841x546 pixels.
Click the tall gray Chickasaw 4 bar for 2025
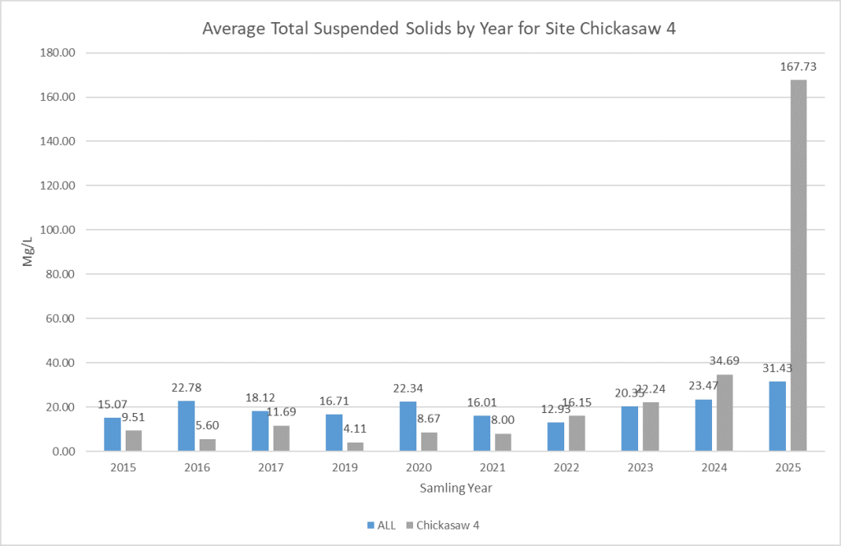[798, 264]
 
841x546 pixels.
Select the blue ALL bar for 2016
[186, 425]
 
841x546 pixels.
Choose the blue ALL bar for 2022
[556, 436]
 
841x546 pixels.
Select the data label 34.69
[724, 360]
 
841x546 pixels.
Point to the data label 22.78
[187, 387]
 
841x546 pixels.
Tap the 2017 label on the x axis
[271, 467]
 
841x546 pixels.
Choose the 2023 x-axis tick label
[641, 467]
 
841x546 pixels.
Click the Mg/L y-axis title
[29, 252]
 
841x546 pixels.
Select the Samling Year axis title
[457, 488]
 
